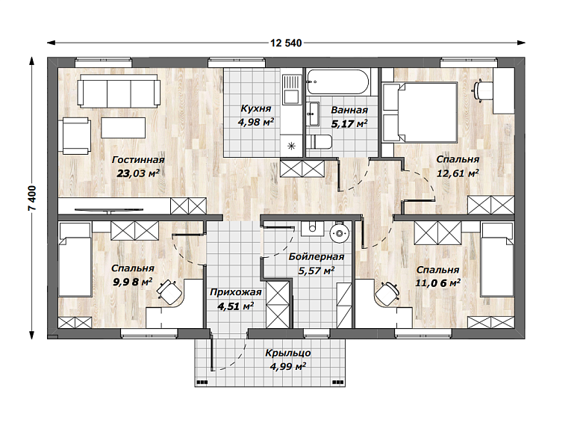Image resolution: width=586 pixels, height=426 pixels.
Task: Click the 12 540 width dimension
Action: (286, 43)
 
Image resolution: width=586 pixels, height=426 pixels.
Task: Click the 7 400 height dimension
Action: (33, 198)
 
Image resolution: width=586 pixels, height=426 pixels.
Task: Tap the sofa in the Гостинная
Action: (119, 90)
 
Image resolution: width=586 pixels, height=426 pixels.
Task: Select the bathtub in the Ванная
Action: (338, 82)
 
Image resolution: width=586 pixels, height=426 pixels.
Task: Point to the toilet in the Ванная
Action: (319, 142)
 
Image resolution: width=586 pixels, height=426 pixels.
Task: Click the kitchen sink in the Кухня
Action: (291, 90)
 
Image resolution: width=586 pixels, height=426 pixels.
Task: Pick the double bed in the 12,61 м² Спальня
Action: (420, 113)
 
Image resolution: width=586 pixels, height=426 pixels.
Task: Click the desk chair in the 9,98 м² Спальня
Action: (169, 290)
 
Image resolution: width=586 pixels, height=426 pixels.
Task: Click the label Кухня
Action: (256, 109)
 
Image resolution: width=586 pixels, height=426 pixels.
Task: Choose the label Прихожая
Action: (235, 292)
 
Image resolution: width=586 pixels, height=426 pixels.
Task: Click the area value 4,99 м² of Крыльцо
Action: (287, 366)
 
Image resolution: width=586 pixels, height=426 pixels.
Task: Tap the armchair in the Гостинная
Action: (75, 136)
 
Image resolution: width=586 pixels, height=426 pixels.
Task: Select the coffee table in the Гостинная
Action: (123, 128)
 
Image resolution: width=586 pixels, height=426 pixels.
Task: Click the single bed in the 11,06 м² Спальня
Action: (497, 260)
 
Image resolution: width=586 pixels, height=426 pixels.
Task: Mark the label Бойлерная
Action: (317, 257)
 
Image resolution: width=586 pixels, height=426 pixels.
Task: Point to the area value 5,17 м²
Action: (349, 123)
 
